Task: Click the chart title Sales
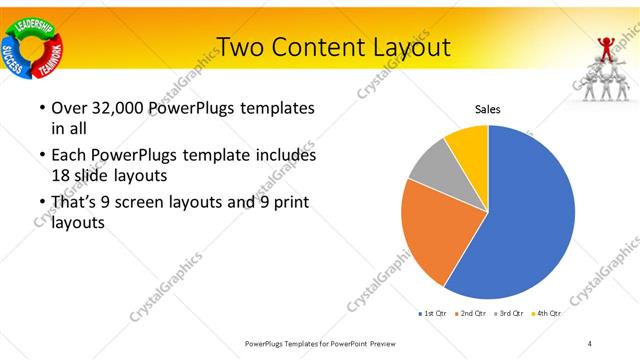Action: (x=487, y=109)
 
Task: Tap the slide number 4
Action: (x=590, y=343)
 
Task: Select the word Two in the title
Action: (x=242, y=47)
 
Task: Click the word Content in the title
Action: (x=320, y=47)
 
